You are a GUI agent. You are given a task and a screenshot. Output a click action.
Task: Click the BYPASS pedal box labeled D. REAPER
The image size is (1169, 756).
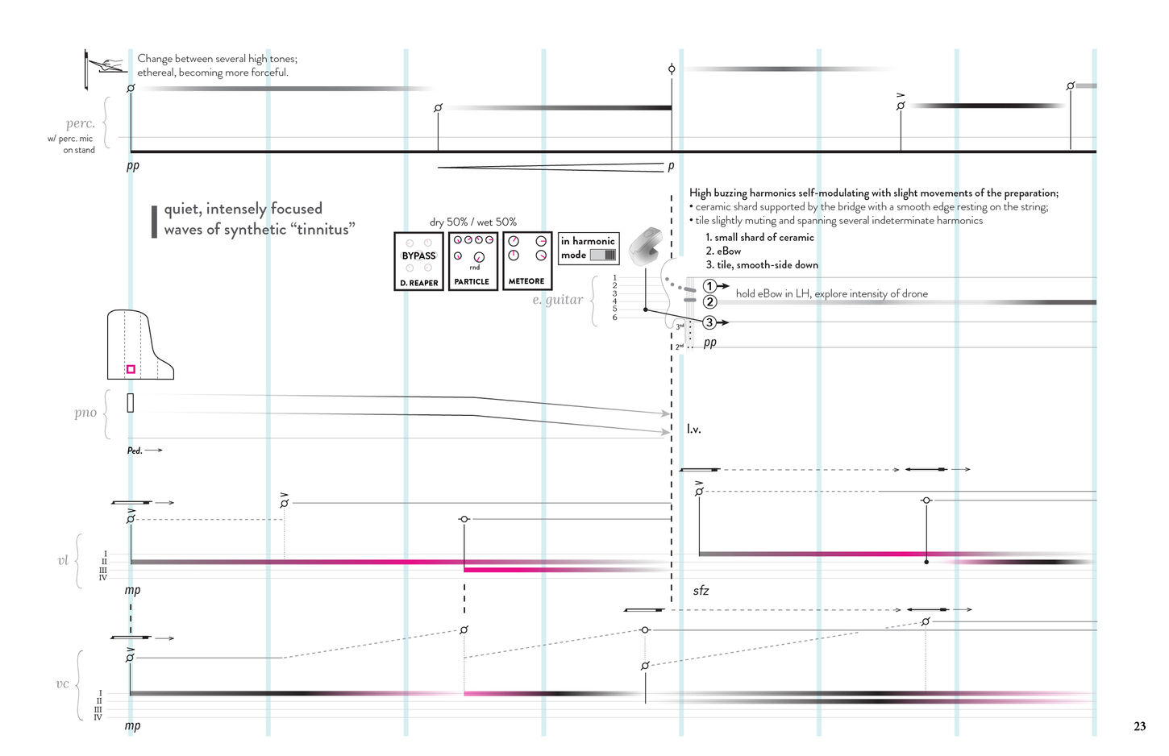coord(418,261)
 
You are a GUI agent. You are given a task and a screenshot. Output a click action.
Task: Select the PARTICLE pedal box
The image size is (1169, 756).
coord(472,261)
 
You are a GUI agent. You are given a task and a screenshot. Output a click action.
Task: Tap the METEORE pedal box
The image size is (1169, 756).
coord(526,261)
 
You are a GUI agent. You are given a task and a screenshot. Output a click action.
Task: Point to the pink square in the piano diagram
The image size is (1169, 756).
coord(131,369)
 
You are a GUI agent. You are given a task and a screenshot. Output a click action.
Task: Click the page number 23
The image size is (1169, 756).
coord(1139,726)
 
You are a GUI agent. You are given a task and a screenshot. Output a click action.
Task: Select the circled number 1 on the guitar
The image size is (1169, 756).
coord(709,286)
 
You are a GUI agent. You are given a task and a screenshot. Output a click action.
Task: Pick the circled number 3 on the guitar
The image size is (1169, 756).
coord(709,322)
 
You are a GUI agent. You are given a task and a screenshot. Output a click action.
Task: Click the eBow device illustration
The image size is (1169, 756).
coord(644,247)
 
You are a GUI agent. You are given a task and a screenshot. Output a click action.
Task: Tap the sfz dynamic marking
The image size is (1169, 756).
coord(701,591)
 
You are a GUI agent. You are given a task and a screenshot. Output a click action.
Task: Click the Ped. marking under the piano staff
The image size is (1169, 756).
coord(135,451)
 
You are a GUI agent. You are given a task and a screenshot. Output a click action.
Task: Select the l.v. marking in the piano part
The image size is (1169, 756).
coord(693,430)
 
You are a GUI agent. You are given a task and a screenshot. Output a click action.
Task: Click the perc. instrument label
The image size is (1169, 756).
coord(81,124)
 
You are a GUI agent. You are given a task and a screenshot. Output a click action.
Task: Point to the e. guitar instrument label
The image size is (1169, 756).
coord(557,300)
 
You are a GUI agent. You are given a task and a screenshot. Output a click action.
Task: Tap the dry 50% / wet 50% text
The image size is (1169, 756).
coord(473,222)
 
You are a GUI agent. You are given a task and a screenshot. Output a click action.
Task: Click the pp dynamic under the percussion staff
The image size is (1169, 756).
coord(133,165)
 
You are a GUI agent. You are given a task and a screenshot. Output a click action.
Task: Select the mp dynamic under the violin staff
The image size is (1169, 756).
coord(133,590)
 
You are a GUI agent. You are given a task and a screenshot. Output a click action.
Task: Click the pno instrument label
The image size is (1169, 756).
coord(85,413)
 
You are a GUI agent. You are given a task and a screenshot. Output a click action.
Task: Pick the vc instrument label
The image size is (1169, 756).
coord(62,684)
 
